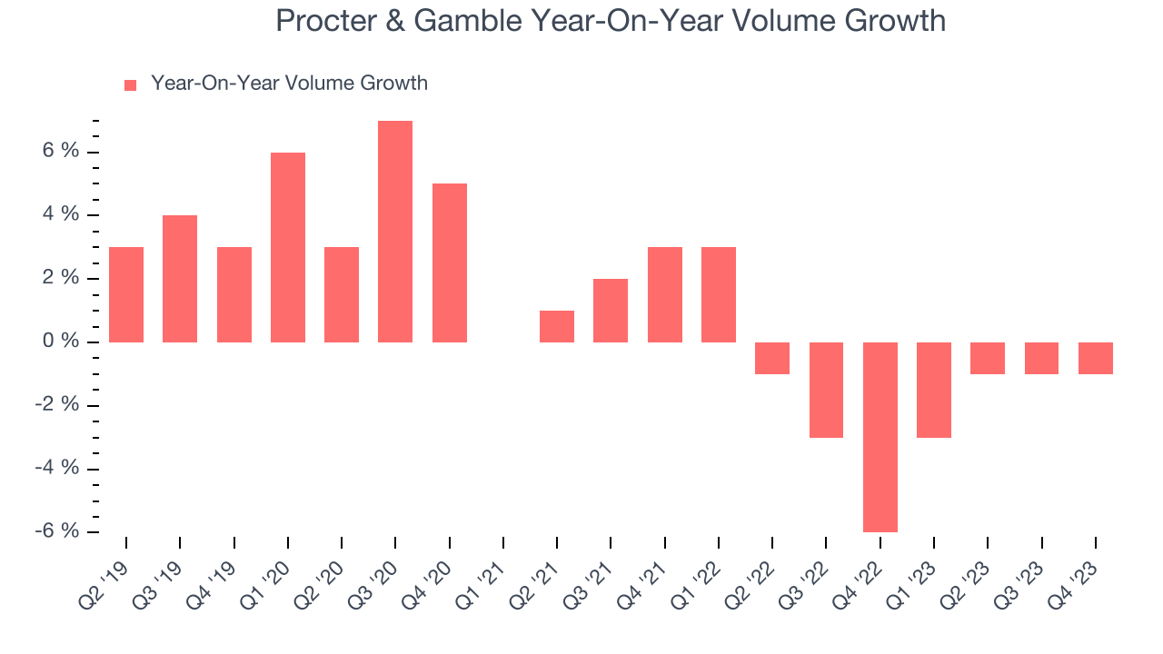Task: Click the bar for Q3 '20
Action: pyautogui.click(x=395, y=232)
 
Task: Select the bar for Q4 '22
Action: pyautogui.click(x=880, y=437)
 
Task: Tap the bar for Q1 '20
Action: pyautogui.click(x=288, y=247)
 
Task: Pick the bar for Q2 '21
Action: pyautogui.click(x=557, y=326)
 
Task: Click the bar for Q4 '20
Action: pyautogui.click(x=449, y=263)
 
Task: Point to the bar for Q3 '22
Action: pyautogui.click(x=826, y=390)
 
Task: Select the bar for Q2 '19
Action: pyautogui.click(x=125, y=294)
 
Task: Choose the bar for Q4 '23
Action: pyautogui.click(x=1096, y=358)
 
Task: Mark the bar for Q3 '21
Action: pyautogui.click(x=611, y=311)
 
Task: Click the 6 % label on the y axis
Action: pyautogui.click(x=57, y=152)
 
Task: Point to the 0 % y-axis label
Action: pyautogui.click(x=57, y=342)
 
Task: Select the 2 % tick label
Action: pyautogui.click(x=57, y=278)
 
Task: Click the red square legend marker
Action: pyautogui.click(x=130, y=84)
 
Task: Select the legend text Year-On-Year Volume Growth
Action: pyautogui.click(x=289, y=84)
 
